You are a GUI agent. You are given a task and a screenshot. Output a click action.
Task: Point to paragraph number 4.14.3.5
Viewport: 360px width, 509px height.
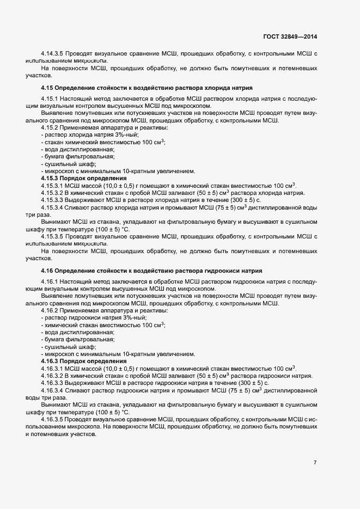[52, 53]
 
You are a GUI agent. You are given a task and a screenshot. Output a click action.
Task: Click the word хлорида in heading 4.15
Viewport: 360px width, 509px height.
[204, 88]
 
